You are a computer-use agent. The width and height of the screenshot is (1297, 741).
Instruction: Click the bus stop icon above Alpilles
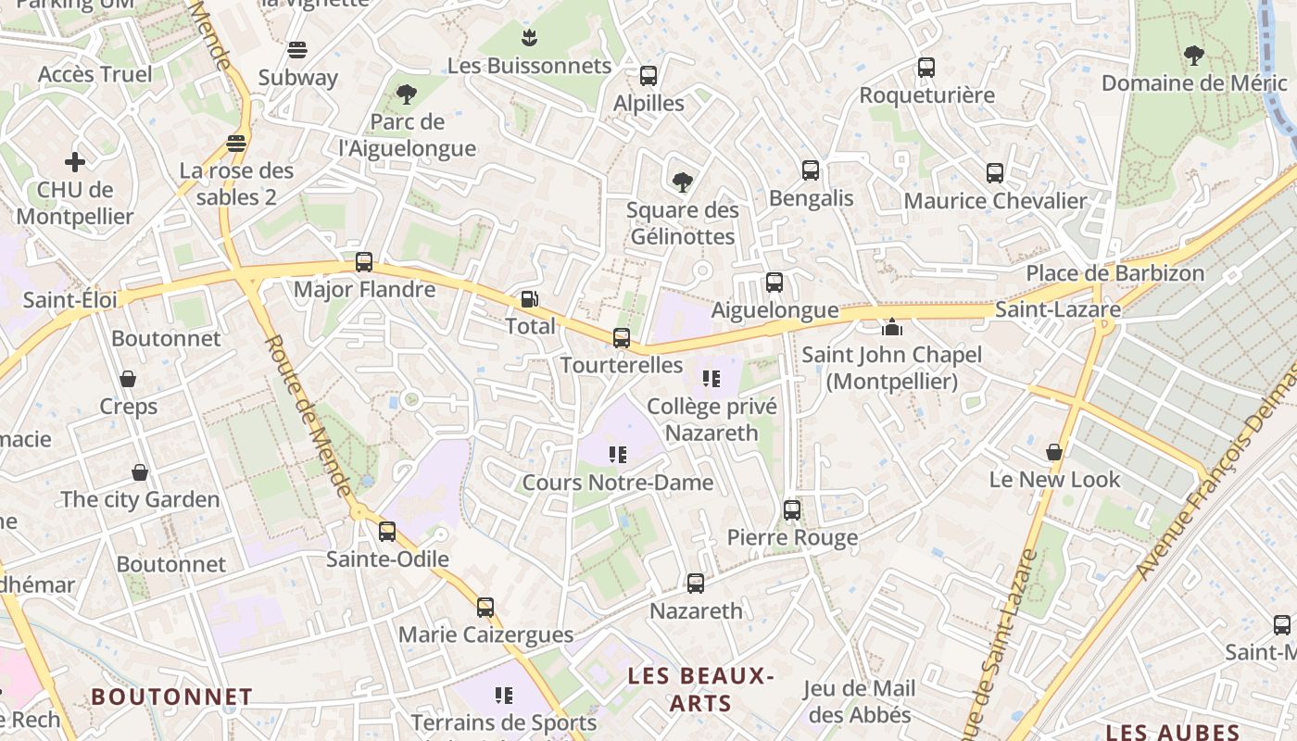tap(648, 76)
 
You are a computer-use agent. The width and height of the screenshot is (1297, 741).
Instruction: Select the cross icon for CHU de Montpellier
tap(75, 162)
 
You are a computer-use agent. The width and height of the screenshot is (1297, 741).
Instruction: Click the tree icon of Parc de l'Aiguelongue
tap(406, 94)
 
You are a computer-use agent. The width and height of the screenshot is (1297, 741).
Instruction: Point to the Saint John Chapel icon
tap(892, 327)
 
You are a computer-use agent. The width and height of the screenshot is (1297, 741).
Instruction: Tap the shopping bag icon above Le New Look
tap(1054, 452)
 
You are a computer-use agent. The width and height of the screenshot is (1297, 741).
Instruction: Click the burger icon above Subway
tap(297, 49)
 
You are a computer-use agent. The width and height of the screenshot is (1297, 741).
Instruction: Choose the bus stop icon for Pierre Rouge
tap(792, 509)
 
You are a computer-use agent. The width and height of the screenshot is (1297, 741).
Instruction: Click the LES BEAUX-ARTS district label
tap(700, 689)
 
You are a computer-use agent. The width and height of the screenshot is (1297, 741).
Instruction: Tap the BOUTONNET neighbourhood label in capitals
tap(172, 697)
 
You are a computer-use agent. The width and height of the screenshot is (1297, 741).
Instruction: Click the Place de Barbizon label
tap(1114, 273)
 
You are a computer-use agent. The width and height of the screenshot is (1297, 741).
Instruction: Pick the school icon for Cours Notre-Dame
tap(618, 454)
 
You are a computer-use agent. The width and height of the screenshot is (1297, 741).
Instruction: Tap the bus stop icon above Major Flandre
tap(364, 262)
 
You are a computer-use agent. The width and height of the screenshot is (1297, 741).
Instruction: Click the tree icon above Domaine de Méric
tap(1193, 56)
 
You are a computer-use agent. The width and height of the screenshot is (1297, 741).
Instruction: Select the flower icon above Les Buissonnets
tap(529, 38)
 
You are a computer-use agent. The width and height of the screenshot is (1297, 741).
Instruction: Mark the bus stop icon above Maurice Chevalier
tap(995, 173)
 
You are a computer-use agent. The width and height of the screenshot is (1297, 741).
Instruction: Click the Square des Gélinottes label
tap(683, 223)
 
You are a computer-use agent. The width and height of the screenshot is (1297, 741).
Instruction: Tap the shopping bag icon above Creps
tap(128, 379)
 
